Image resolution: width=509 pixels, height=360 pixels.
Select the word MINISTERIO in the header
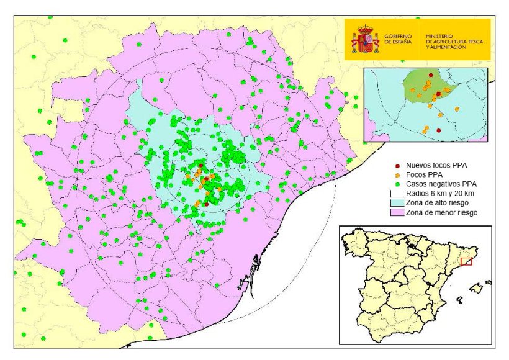tap(439, 36)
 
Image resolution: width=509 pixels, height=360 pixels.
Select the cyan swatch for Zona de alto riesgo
tap(397, 203)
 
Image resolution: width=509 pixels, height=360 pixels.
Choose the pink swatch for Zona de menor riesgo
tap(397, 213)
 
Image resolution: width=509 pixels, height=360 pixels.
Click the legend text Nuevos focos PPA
tap(436, 166)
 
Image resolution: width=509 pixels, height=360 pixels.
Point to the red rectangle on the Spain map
tap(467, 262)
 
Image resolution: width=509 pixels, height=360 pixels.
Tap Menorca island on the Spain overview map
tap(488, 282)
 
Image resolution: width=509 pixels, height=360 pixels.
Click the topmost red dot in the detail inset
tap(431, 76)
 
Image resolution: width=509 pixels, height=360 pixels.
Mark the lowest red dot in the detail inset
tap(438, 130)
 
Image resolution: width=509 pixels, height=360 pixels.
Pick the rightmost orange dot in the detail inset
tap(457, 109)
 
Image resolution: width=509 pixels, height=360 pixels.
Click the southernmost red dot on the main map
tap(205, 204)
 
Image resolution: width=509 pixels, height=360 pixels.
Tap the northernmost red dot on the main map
tap(205, 179)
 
